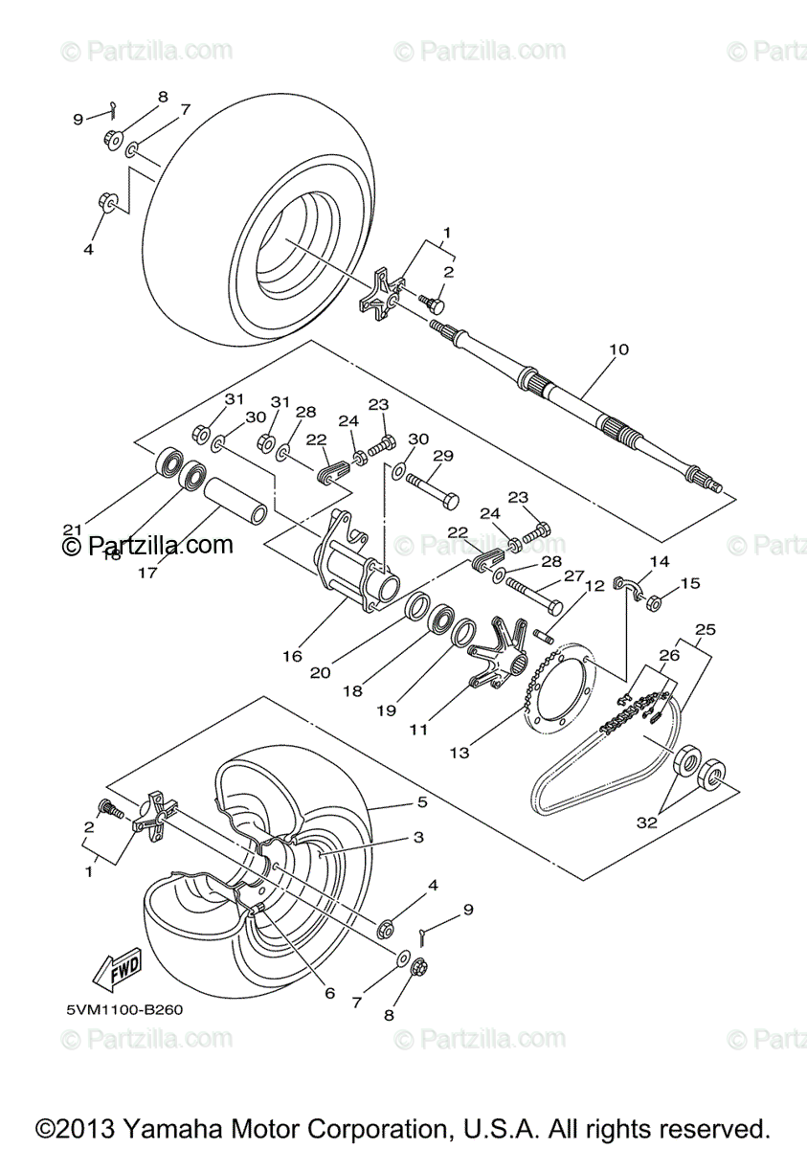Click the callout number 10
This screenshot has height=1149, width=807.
pyautogui.click(x=619, y=349)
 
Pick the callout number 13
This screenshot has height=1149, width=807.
pyautogui.click(x=460, y=753)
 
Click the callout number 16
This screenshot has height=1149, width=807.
pyautogui.click(x=292, y=656)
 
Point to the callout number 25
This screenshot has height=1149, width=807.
pyautogui.click(x=706, y=630)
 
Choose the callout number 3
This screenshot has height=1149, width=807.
pyautogui.click(x=418, y=836)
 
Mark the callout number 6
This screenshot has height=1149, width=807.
pyautogui.click(x=328, y=993)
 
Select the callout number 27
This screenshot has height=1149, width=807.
pyautogui.click(x=572, y=575)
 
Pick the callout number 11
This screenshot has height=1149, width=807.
pyautogui.click(x=417, y=730)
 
